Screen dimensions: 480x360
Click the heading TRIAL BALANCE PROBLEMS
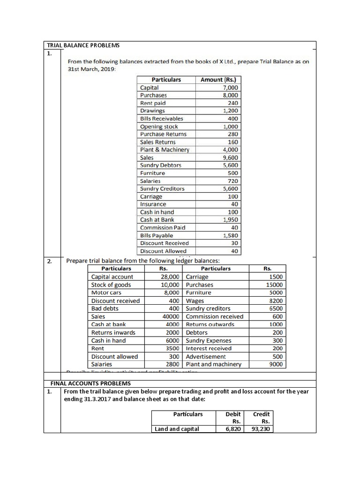(83, 45)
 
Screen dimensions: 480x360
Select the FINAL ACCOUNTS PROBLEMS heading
(87, 383)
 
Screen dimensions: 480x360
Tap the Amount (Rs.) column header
(218, 80)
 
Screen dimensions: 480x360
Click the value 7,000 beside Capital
(231, 88)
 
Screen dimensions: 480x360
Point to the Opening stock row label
(159, 127)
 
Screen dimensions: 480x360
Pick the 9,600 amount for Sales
(231, 157)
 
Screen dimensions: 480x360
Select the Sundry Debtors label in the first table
(161, 165)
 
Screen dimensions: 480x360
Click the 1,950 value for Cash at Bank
(231, 220)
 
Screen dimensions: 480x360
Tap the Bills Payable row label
(157, 235)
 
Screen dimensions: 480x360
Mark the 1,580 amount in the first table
(231, 235)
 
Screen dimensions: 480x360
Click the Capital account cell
(112, 277)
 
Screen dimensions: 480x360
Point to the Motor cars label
(106, 292)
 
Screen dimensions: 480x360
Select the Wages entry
(195, 300)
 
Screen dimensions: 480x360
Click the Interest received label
(209, 348)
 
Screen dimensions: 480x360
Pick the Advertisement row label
(206, 356)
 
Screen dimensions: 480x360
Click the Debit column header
(233, 414)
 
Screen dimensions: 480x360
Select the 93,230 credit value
(261, 428)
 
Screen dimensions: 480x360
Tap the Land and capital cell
(177, 428)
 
